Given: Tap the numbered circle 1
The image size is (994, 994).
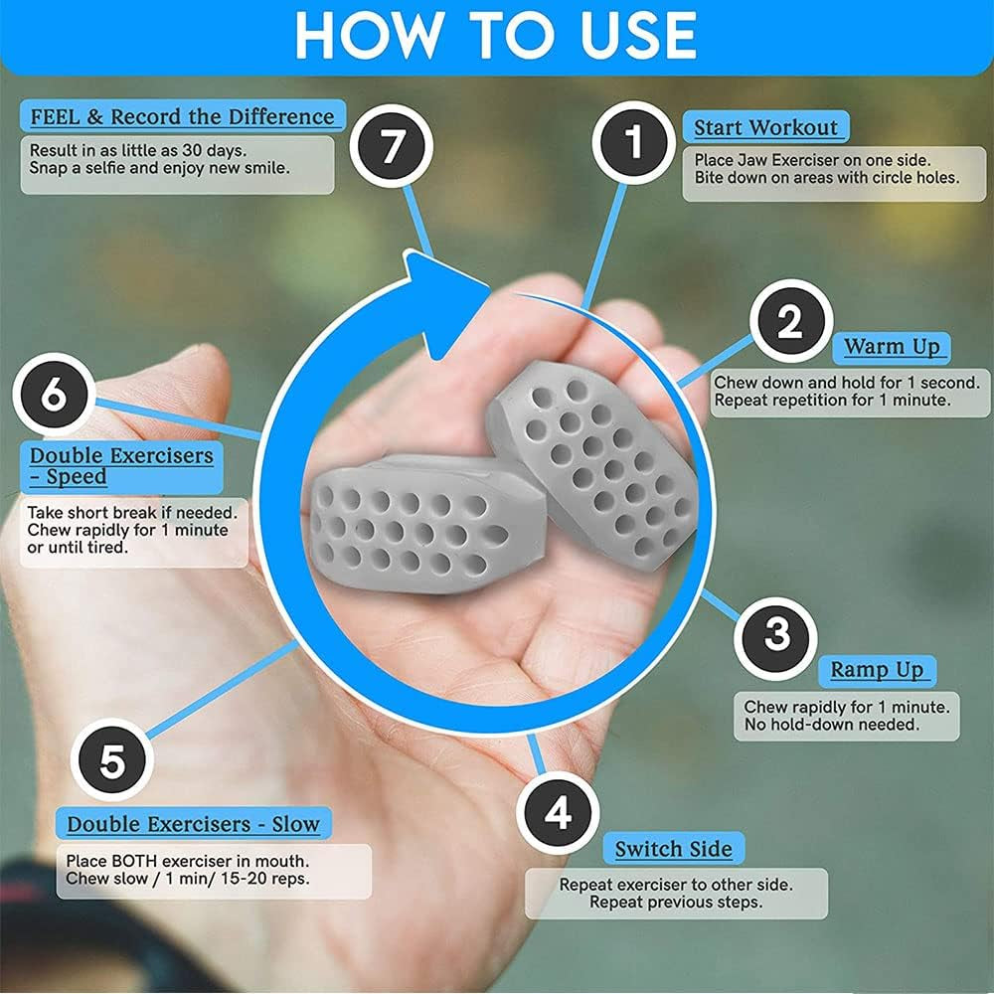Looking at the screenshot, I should pyautogui.click(x=634, y=143).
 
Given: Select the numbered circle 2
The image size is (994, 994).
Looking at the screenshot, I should pyautogui.click(x=790, y=322).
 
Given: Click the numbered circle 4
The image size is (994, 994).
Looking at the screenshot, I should pyautogui.click(x=559, y=812).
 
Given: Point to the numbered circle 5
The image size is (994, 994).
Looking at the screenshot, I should pyautogui.click(x=112, y=762).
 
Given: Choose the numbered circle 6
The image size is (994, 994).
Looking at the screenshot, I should pyautogui.click(x=54, y=395).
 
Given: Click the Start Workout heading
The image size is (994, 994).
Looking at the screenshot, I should pyautogui.click(x=765, y=127).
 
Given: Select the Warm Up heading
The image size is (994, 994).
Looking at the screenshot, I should pyautogui.click(x=892, y=347).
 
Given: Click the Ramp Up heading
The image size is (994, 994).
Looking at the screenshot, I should pyautogui.click(x=877, y=670).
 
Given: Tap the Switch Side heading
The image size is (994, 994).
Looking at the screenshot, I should pyautogui.click(x=673, y=849).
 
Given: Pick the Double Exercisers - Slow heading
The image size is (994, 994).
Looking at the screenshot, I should pyautogui.click(x=194, y=824).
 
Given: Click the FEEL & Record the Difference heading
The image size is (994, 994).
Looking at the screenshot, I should pyautogui.click(x=182, y=116).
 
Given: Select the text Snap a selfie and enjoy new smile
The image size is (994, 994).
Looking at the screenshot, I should pyautogui.click(x=159, y=167).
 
